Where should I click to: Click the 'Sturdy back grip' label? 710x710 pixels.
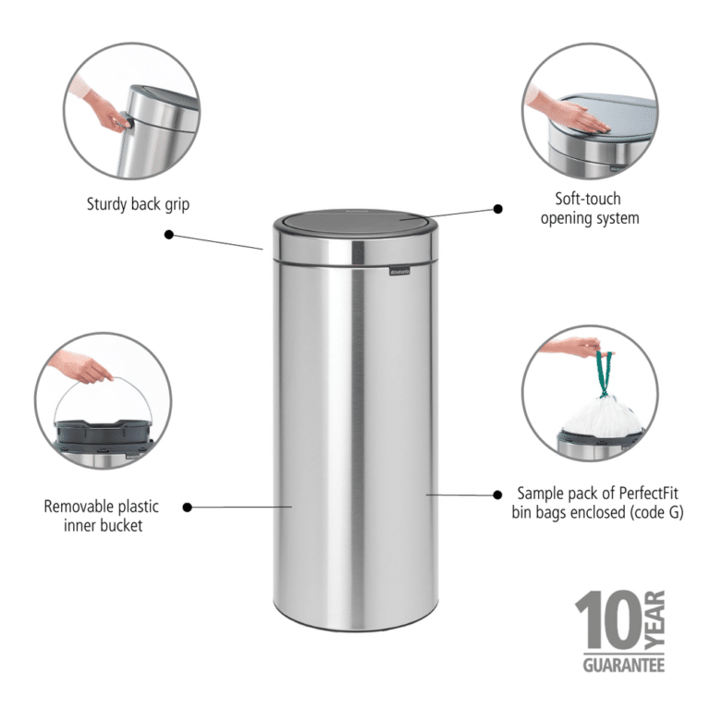(x=138, y=204)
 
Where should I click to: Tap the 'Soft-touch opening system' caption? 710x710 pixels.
(x=589, y=209)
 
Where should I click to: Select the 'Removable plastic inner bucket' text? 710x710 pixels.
(x=101, y=516)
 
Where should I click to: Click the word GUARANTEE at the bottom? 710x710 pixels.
(x=623, y=664)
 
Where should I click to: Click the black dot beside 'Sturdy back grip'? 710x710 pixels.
(x=168, y=234)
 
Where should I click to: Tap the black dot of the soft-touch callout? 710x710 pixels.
(x=497, y=209)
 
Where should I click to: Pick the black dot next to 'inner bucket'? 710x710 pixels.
(x=188, y=507)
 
